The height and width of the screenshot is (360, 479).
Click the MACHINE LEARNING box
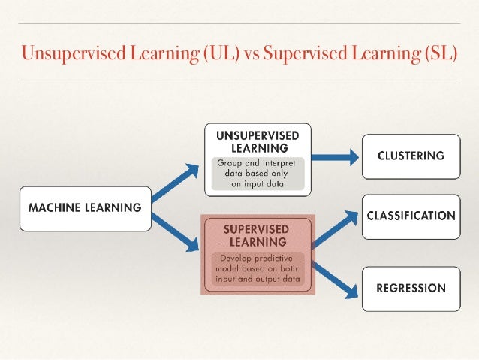(85, 207)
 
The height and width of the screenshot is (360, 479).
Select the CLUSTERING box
(411, 156)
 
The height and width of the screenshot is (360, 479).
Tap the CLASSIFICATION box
(411, 216)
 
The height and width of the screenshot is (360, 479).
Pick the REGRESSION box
(411, 288)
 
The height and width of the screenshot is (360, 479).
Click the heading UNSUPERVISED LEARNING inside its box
(258, 141)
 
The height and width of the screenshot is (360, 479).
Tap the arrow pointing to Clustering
(333, 156)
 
